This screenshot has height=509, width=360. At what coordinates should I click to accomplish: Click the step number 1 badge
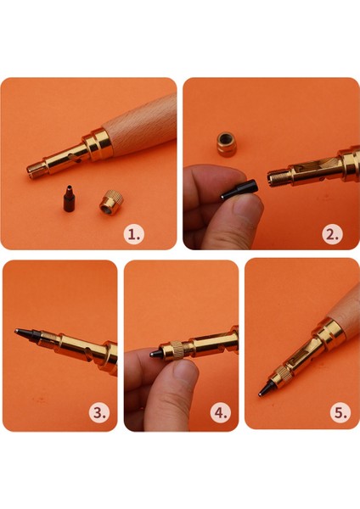[x=134, y=234]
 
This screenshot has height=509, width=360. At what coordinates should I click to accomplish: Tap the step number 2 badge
[x=332, y=234]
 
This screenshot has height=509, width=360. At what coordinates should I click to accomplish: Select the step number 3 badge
[x=99, y=413]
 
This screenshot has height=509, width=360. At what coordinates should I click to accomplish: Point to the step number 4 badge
[x=221, y=413]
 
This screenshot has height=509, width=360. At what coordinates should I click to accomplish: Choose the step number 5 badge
[x=340, y=413]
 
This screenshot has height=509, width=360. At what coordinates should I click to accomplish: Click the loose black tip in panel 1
[x=69, y=199]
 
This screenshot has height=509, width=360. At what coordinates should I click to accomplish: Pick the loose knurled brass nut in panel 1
[x=111, y=202]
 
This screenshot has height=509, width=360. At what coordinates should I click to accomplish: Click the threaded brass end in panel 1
[x=37, y=171]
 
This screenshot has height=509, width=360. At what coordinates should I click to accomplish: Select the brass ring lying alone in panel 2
[x=227, y=144]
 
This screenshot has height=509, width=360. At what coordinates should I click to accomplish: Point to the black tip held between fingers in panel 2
[x=239, y=189]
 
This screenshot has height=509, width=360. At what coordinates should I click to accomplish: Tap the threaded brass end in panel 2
[x=278, y=178]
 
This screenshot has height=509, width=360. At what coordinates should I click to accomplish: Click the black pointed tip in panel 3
[x=27, y=335]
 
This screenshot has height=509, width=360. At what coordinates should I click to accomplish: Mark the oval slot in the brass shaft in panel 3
[x=88, y=353]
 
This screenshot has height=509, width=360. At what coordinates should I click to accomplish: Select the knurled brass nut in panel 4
[x=177, y=350]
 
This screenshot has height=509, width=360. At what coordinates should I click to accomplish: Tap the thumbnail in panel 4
[x=184, y=369]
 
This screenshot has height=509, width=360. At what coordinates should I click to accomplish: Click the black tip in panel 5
[x=266, y=388]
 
